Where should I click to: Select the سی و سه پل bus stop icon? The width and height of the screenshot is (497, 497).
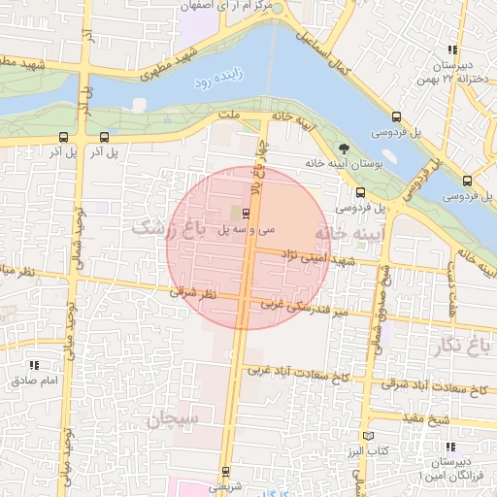pyautogui.click(x=245, y=213)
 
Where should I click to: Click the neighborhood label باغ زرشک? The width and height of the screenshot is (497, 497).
pyautogui.click(x=170, y=228)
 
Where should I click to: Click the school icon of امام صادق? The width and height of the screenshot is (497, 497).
pyautogui.click(x=35, y=366)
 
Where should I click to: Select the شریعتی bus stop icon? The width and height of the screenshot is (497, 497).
pyautogui.click(x=224, y=472)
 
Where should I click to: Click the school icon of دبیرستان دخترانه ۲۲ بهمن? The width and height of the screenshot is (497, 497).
pyautogui.click(x=451, y=50)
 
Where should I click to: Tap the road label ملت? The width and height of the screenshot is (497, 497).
pyautogui.click(x=229, y=115)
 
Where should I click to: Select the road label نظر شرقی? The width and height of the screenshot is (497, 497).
pyautogui.click(x=196, y=291)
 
